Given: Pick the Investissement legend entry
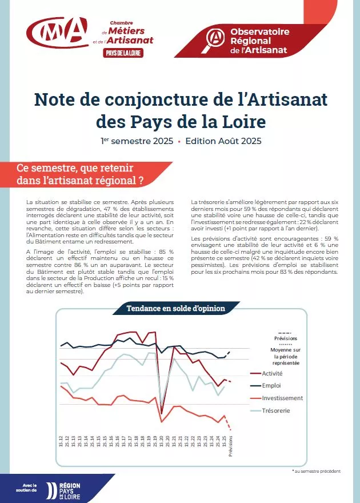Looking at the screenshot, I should click(282, 398).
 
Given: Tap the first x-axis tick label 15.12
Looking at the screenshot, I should click(61, 441).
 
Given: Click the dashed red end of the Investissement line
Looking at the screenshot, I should click(229, 424).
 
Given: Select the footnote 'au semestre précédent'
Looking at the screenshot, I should click(317, 471).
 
